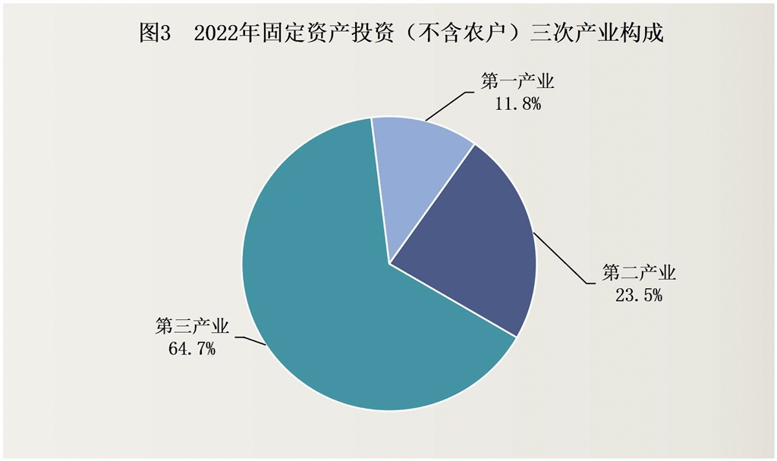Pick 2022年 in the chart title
coord(222,34)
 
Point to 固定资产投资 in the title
coord(319,34)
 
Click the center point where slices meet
coord(389,264)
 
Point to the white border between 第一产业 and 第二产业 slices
coord(432,204)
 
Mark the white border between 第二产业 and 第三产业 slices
coord(453,300)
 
